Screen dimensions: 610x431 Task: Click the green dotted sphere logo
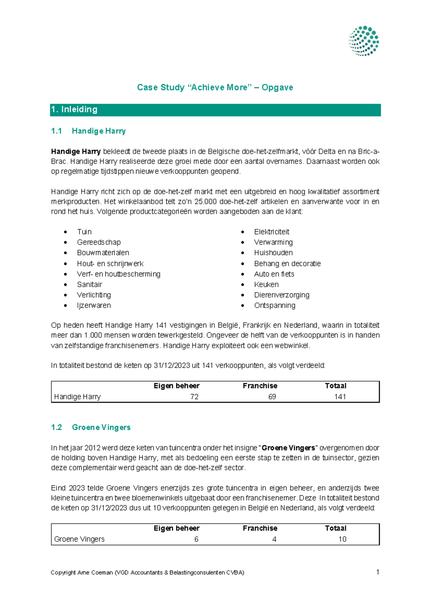[364, 41]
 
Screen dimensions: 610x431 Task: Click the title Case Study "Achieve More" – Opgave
[215, 87]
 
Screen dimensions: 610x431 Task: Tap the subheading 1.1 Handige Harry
[88, 131]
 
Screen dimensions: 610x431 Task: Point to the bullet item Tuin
[84, 232]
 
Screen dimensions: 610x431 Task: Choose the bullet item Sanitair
[89, 284]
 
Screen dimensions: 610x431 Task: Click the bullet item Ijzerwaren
[94, 305]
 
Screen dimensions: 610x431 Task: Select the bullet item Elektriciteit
[272, 232]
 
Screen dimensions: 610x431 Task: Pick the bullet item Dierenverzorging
[282, 295]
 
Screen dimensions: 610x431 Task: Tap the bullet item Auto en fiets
[274, 274]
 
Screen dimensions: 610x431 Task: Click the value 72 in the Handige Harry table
[194, 397]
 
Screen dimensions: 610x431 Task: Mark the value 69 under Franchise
[272, 397]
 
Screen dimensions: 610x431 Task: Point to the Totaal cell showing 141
[340, 397]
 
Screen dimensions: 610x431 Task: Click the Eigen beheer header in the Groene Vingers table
[176, 528]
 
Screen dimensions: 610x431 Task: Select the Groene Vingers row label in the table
[79, 539]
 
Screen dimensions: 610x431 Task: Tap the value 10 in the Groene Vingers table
[342, 539]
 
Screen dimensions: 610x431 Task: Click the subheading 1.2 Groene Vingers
[91, 427]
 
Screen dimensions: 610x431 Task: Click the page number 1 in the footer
[377, 572]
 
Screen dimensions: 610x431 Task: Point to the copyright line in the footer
[147, 573]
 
